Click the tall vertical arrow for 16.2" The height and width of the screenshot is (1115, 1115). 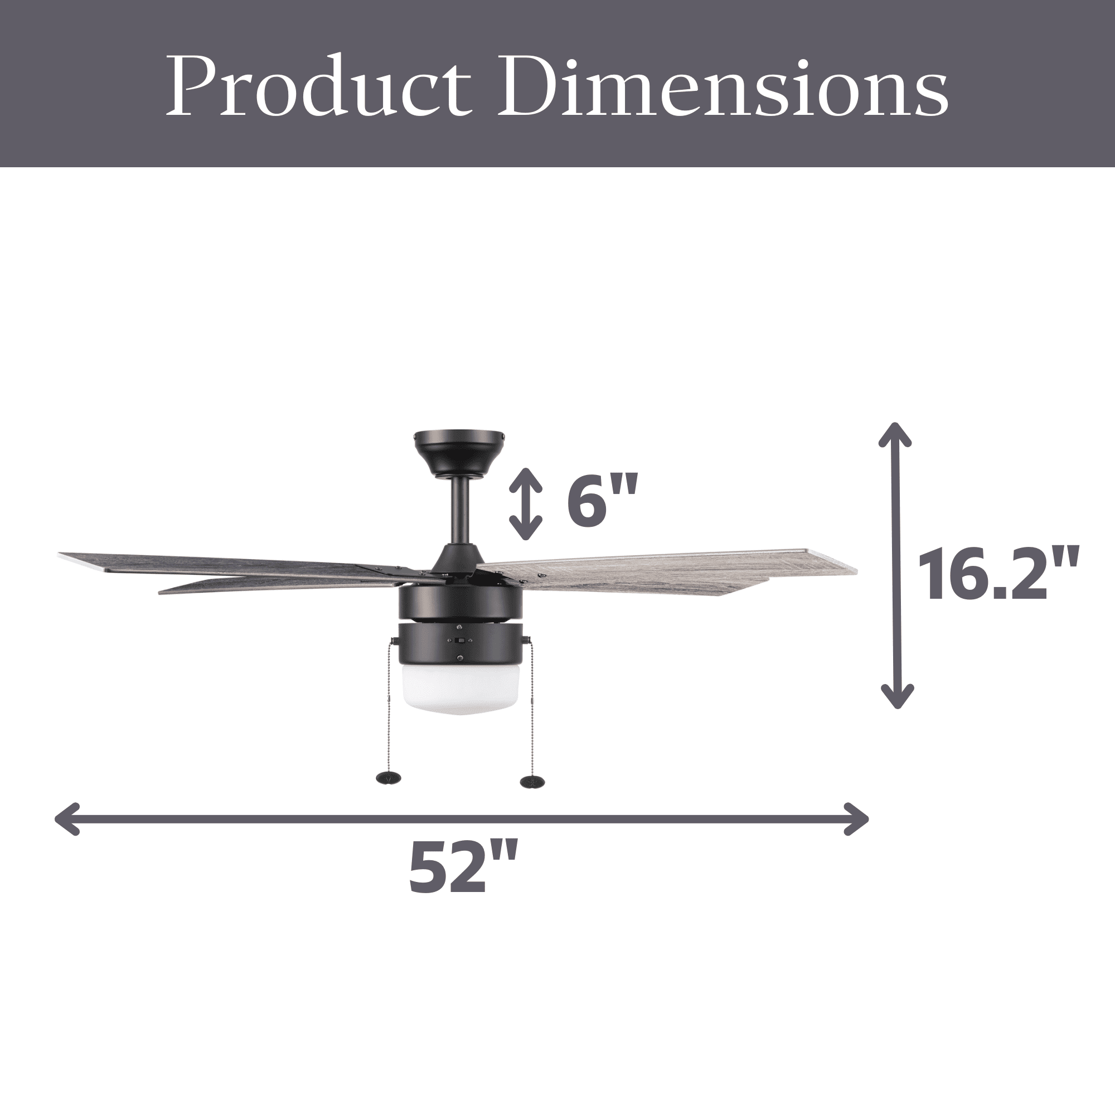click(x=896, y=565)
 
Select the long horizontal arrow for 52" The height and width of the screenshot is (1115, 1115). click(x=462, y=818)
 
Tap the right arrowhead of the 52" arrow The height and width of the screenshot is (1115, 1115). click(x=857, y=818)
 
